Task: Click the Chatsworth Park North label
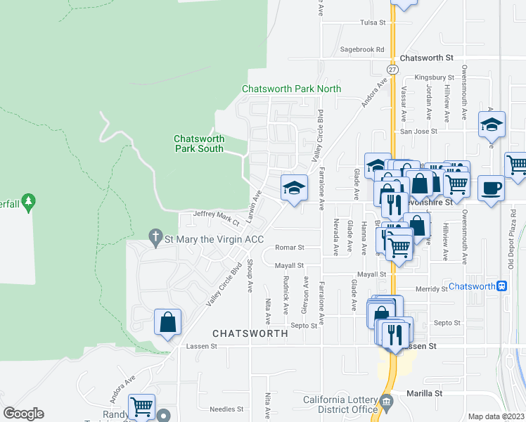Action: click(291, 89)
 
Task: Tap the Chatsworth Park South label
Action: click(198, 143)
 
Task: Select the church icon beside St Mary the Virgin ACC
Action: click(155, 239)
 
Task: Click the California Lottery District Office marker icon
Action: click(386, 404)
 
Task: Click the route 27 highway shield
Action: click(392, 70)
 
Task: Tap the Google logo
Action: click(23, 414)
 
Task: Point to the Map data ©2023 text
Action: click(496, 416)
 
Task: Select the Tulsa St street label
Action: click(373, 23)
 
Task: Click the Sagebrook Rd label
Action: click(362, 50)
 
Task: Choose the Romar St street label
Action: click(288, 248)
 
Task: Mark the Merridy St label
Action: click(431, 289)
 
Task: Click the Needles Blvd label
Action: click(226, 409)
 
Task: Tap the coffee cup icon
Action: click(491, 189)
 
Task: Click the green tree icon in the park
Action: click(28, 203)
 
